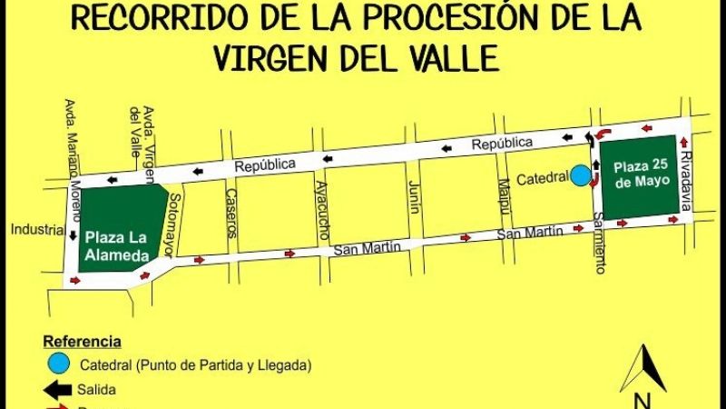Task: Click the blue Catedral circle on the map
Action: [x=579, y=175]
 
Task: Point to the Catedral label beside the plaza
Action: [x=543, y=179]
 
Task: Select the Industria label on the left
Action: [x=36, y=229]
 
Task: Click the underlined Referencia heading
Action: [x=82, y=342]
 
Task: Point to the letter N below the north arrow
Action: [x=643, y=401]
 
